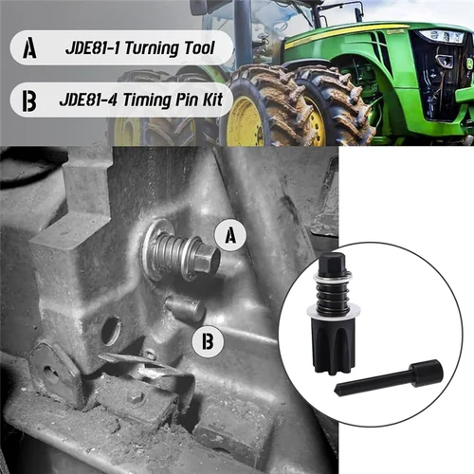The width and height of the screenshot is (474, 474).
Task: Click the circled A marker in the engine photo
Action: pyautogui.click(x=228, y=236)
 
